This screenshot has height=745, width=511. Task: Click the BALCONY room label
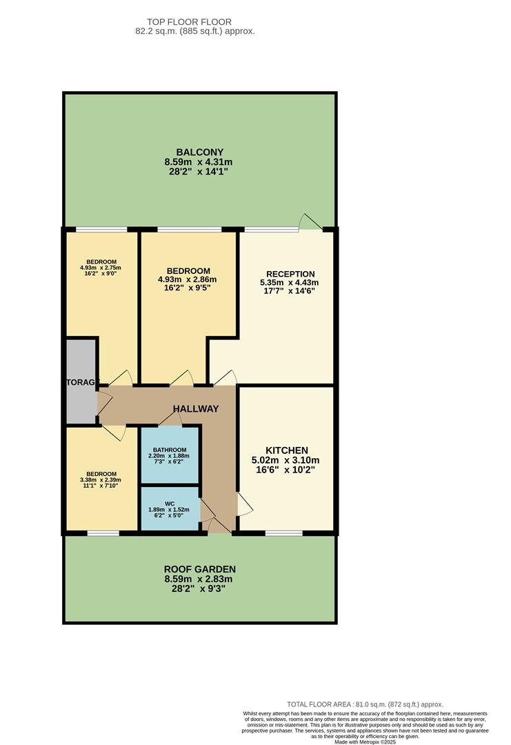click(199, 152)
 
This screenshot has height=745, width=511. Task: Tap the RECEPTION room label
click(288, 274)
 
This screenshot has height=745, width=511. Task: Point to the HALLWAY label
click(196, 409)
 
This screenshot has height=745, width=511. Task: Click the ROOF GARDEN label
click(200, 569)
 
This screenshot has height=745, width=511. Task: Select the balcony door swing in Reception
click(309, 221)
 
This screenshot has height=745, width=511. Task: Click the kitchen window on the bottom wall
click(284, 533)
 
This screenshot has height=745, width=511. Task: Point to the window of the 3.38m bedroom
click(103, 533)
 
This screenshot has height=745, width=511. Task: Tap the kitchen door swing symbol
click(245, 504)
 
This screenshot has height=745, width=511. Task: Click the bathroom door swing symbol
click(170, 419)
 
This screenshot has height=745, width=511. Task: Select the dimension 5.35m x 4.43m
click(289, 282)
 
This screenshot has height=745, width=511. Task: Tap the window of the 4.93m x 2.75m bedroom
click(101, 229)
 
